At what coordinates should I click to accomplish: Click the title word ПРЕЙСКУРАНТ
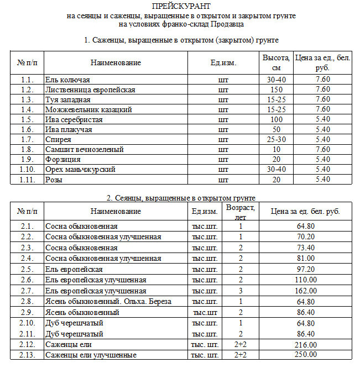[x=181, y=6]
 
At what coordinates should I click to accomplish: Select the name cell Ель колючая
[x=67, y=80]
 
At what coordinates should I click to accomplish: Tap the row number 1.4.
[x=27, y=109]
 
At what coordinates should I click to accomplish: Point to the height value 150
[x=276, y=90]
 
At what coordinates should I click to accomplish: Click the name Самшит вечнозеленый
[x=84, y=149]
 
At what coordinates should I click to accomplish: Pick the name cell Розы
[x=54, y=179]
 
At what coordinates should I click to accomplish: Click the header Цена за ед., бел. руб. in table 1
[x=322, y=62]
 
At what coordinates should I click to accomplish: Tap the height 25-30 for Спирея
[x=276, y=139]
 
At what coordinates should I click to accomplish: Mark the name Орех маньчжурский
[x=80, y=169]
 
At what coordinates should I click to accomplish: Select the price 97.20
[x=305, y=269]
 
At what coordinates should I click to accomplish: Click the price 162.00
[x=305, y=291]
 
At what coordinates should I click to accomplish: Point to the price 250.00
[x=305, y=355]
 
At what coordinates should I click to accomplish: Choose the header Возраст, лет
[x=241, y=212]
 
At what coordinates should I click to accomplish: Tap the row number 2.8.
[x=27, y=301]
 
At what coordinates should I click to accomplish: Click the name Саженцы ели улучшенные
[x=91, y=355]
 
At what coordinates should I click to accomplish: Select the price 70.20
[x=305, y=237]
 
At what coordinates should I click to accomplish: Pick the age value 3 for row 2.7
[x=241, y=291]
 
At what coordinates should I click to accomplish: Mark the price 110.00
[x=305, y=280]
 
